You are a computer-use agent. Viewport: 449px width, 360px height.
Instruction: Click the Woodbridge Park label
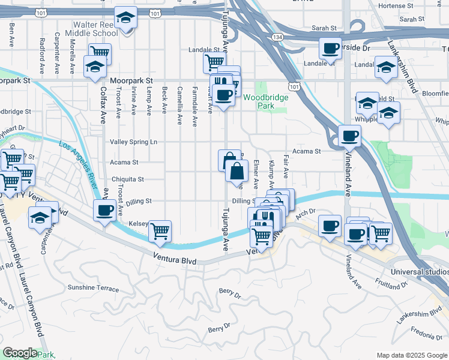(266, 101)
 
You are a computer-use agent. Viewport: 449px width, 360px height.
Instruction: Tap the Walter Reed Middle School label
(92, 29)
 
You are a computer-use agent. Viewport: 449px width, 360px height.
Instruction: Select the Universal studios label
(418, 272)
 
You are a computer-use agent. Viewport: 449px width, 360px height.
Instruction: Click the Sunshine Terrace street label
(93, 288)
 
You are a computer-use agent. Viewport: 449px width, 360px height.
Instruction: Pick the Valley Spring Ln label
(133, 142)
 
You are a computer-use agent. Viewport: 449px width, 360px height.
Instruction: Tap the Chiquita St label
(127, 179)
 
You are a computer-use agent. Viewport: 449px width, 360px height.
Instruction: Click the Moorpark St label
(131, 80)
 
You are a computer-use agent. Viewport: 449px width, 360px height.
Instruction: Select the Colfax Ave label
(103, 102)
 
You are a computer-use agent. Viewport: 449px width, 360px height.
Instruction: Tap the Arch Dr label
(305, 211)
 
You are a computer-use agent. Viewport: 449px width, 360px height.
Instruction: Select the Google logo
(20, 353)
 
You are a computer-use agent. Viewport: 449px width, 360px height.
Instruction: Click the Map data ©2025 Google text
(411, 355)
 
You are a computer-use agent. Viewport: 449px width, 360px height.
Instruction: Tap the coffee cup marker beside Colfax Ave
(105, 211)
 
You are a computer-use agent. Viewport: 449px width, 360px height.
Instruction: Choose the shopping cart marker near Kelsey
(160, 231)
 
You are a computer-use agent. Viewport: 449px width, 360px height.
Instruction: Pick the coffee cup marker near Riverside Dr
(330, 48)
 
